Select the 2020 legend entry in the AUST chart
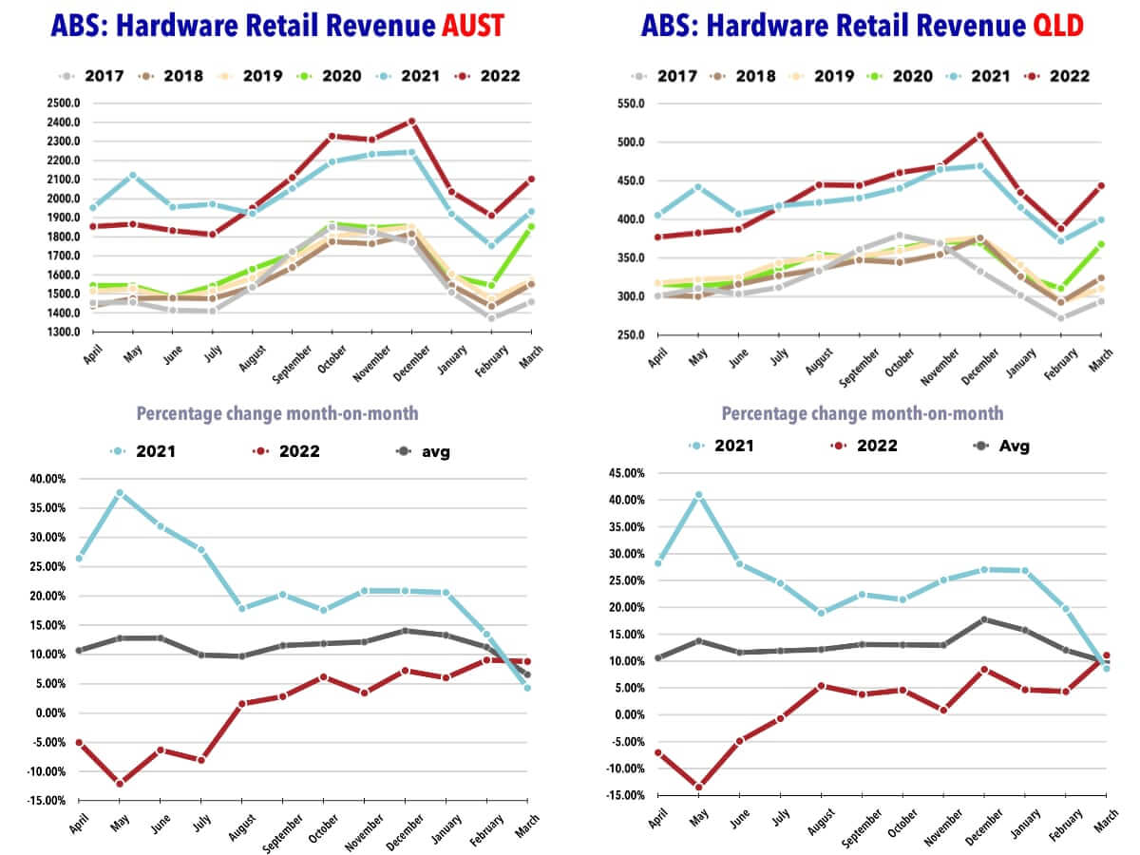(x=332, y=76)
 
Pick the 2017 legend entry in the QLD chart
(x=669, y=76)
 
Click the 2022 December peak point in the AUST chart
(x=412, y=122)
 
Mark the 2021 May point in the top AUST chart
(x=132, y=176)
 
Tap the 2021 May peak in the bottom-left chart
(x=120, y=493)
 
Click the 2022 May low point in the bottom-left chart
(x=120, y=784)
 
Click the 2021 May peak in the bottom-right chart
(x=698, y=495)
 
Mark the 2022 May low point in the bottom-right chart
(x=698, y=787)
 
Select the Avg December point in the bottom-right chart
(x=984, y=619)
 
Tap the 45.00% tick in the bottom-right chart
(x=626, y=472)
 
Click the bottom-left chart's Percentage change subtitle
(x=276, y=414)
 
